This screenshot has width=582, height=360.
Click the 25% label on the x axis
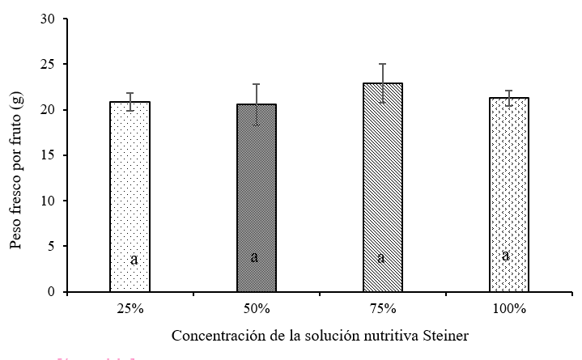[130, 308]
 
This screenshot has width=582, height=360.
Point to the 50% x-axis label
[256, 308]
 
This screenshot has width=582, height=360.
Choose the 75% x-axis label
[382, 308]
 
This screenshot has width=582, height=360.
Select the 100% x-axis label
[508, 308]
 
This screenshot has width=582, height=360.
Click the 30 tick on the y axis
[51, 19]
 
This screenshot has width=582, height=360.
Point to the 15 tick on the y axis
[51, 155]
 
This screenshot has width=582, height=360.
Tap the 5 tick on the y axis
[54, 246]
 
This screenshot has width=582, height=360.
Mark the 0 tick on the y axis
[54, 291]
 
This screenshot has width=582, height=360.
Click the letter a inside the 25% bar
[134, 260]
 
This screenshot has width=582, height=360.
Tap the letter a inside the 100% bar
[505, 256]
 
